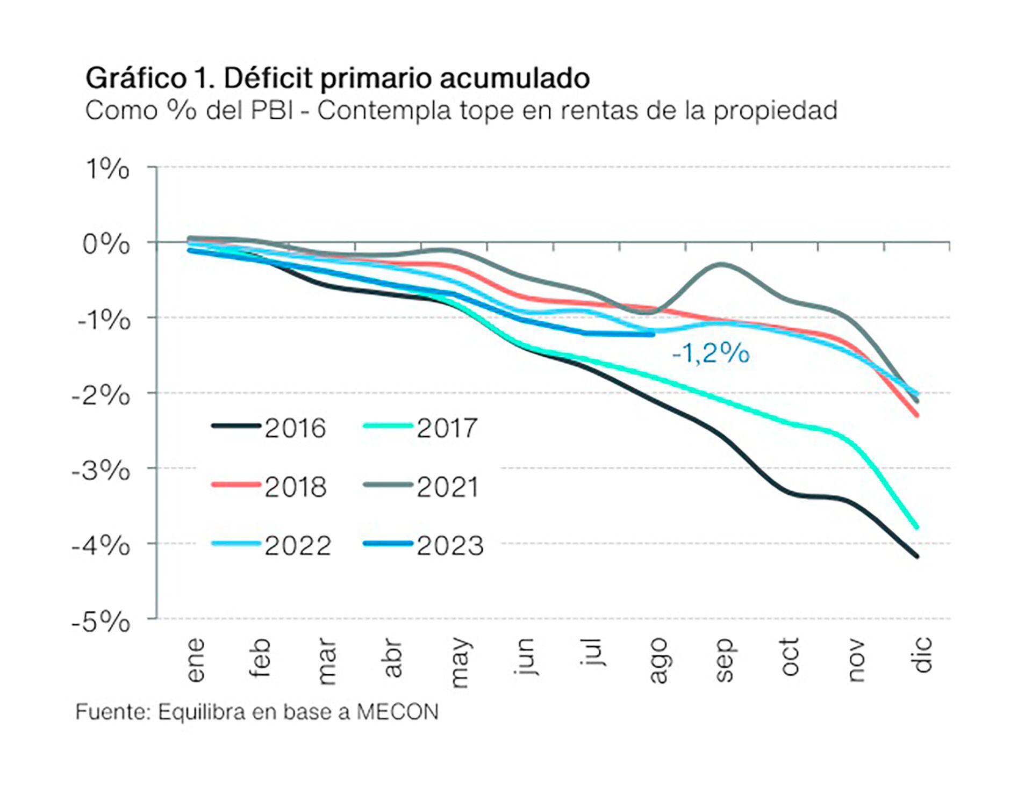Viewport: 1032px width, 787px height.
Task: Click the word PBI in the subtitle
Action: coord(272,111)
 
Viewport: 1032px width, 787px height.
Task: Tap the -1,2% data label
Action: coord(710,354)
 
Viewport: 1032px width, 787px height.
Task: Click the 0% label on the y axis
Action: coord(106,246)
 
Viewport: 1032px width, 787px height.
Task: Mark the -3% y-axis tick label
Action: coord(101,472)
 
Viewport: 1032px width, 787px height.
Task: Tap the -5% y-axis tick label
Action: coord(101,623)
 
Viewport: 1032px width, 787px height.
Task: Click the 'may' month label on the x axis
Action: coord(461,663)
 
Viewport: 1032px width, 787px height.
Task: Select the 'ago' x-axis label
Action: coord(658,661)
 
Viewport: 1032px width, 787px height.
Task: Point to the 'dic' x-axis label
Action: coord(922,655)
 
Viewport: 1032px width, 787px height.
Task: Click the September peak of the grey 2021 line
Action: coord(721,264)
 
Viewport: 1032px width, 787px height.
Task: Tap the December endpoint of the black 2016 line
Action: coord(917,557)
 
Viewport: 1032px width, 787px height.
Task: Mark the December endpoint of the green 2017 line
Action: coord(917,528)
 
